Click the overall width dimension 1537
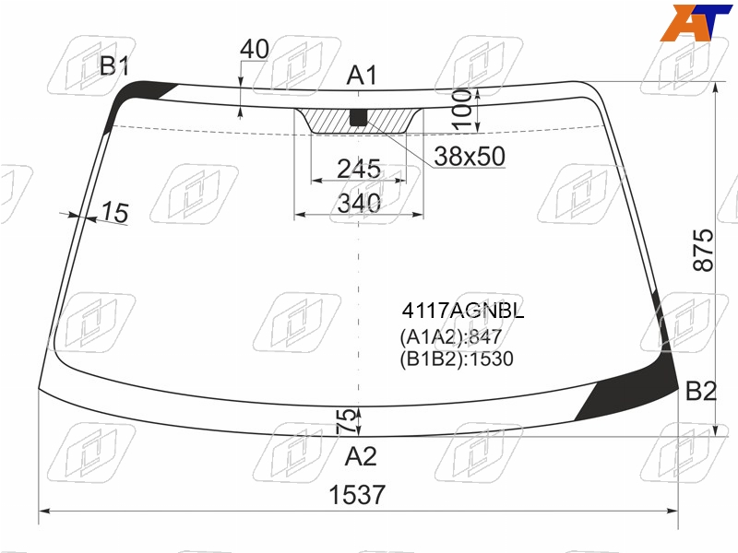[357, 495]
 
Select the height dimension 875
[703, 250]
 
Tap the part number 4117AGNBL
[463, 311]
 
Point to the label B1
[114, 65]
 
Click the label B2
[701, 391]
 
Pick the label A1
[362, 76]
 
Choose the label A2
[361, 456]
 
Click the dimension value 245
[359, 169]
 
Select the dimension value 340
[359, 203]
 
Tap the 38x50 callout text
[470, 156]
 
